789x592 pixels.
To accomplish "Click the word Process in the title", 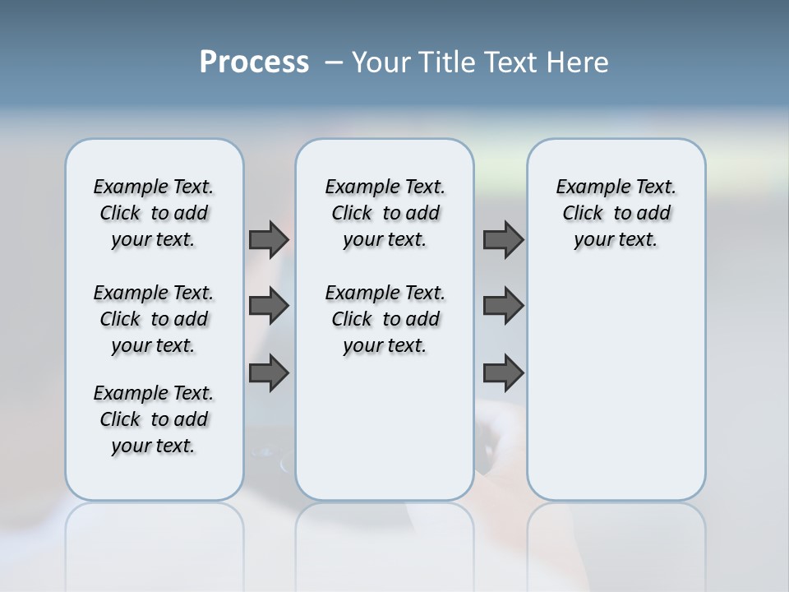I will point(254,62).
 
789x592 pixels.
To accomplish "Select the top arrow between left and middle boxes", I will point(269,239).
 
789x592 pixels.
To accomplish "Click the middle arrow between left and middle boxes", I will point(269,306).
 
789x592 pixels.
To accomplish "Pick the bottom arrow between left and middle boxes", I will point(269,374).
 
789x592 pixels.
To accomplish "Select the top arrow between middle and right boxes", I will point(503,239).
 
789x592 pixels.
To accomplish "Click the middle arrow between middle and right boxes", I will point(503,306).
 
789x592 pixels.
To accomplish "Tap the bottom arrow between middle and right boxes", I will point(503,374).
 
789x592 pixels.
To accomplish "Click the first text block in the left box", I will point(154,213).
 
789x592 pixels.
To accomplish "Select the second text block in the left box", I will point(154,319).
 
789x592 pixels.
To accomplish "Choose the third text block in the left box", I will point(154,419).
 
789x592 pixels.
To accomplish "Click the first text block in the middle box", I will point(385,213).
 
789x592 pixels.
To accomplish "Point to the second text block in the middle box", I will point(385,319).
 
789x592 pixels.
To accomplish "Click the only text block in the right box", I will point(616,213).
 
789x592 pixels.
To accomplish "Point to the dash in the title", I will point(334,63).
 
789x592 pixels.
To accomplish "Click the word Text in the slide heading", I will point(507,62).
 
